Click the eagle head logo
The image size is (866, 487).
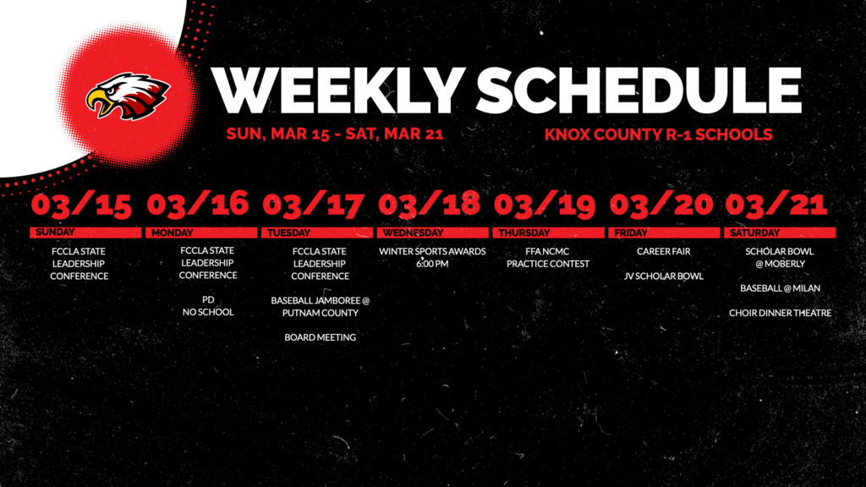pyautogui.click(x=127, y=96)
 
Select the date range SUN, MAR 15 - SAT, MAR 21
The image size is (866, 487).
pyautogui.click(x=335, y=134)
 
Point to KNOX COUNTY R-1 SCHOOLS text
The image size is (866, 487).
pyautogui.click(x=659, y=134)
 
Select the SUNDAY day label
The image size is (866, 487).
pyautogui.click(x=56, y=233)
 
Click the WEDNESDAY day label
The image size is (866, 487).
pyautogui.click(x=413, y=233)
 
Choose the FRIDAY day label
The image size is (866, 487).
pyautogui.click(x=631, y=233)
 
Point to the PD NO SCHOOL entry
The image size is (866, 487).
pyautogui.click(x=208, y=306)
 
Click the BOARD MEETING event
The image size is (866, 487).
pyautogui.click(x=320, y=337)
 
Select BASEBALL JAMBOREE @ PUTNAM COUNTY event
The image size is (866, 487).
pyautogui.click(x=321, y=306)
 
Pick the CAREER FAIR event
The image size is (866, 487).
pyautogui.click(x=664, y=251)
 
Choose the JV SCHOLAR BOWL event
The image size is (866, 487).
pyautogui.click(x=664, y=276)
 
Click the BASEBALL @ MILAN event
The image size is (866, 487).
pyautogui.click(x=780, y=288)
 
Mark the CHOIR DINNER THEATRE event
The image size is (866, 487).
pyautogui.click(x=780, y=313)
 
